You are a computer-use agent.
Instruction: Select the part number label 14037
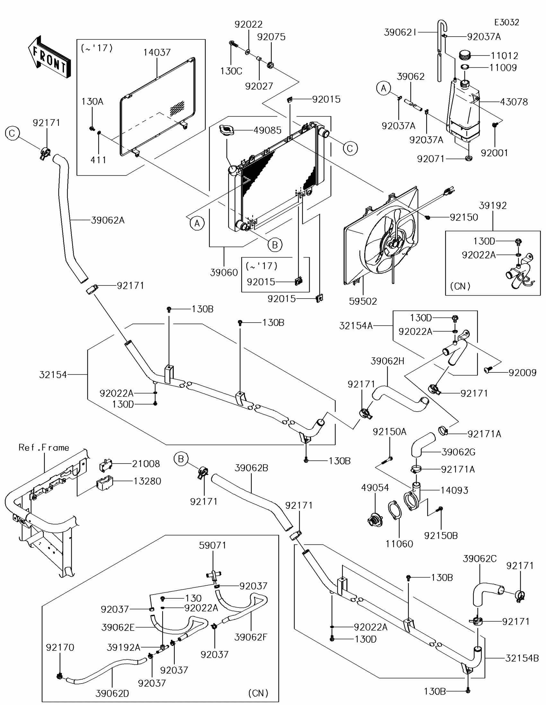157,52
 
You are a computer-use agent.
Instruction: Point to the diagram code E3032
506,22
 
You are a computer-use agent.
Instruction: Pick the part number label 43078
514,102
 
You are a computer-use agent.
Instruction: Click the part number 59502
363,301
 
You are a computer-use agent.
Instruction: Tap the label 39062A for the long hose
108,220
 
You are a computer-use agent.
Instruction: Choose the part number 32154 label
53,374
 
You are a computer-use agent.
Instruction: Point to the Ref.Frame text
44,448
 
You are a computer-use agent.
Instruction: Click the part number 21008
146,464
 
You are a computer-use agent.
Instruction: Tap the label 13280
147,481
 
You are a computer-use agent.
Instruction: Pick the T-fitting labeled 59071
213,575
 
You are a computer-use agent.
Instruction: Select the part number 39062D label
112,693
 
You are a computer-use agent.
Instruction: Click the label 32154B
522,658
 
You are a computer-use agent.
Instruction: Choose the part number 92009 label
523,372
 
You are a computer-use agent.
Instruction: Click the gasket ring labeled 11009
465,67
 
